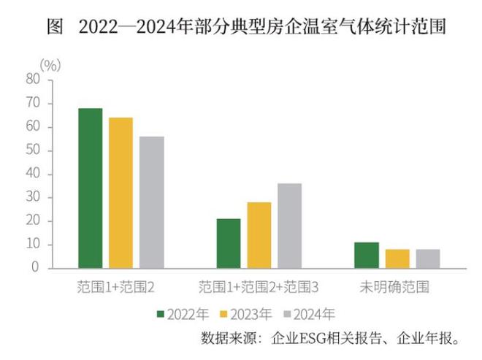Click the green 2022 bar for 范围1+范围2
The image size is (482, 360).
(91, 188)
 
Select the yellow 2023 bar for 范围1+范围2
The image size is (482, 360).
(121, 193)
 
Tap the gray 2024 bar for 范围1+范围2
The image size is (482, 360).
(152, 202)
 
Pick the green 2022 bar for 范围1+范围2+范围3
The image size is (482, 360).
(229, 243)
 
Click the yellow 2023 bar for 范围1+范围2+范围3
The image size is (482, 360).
(259, 235)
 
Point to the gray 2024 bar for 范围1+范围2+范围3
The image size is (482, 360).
(290, 226)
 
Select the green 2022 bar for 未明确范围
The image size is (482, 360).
(367, 255)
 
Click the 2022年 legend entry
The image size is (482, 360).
(183, 315)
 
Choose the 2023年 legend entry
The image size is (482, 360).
(246, 315)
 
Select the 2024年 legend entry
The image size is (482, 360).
(310, 315)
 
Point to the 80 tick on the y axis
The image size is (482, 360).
(32, 80)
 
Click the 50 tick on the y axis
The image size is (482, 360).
(32, 150)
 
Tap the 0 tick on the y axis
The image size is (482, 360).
(35, 268)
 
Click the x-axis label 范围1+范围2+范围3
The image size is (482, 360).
(259, 287)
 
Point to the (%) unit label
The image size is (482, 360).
(50, 64)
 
